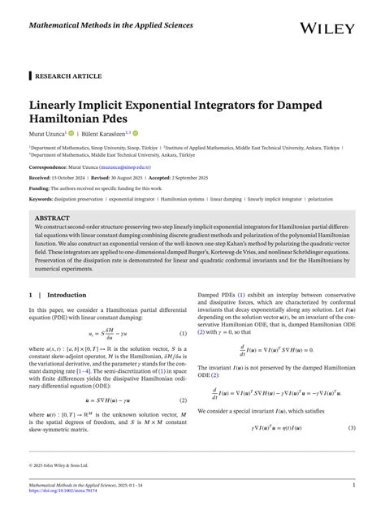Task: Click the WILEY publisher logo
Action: tap(327, 28)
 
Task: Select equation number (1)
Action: tap(184, 334)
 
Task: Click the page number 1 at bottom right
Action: tap(354, 485)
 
